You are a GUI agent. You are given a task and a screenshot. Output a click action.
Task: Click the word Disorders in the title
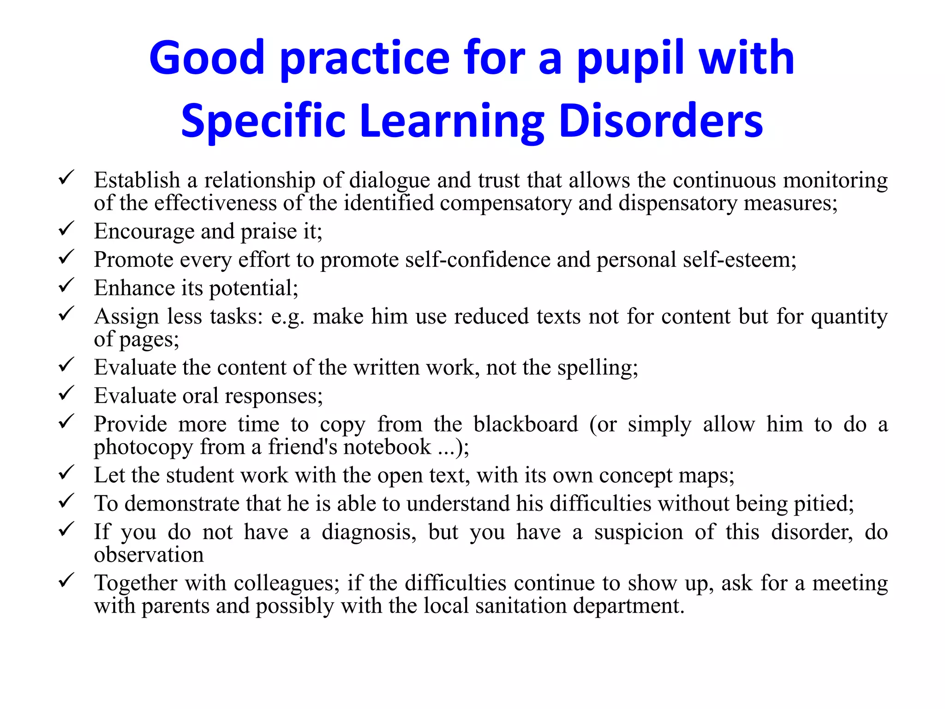coord(661,121)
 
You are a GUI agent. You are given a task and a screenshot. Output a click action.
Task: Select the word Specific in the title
coord(263,121)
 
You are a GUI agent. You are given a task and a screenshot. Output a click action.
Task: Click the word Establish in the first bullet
coord(137,180)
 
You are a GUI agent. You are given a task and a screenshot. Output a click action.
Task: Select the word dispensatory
coord(678,203)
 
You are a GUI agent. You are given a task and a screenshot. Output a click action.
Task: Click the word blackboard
coord(526,424)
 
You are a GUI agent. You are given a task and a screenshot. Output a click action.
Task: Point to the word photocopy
coord(143,447)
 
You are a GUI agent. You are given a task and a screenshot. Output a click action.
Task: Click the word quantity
coord(849,317)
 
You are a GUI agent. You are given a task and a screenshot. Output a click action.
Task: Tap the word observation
coord(149,554)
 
